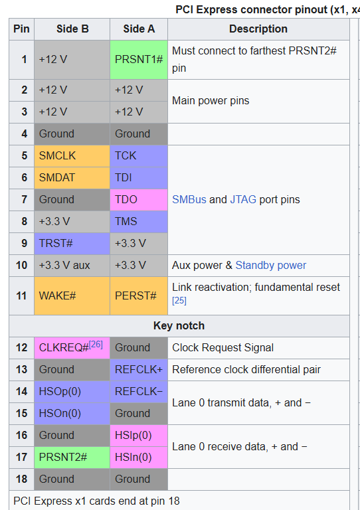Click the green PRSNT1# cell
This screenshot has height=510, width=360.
click(x=139, y=60)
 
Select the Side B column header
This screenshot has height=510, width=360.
click(x=72, y=29)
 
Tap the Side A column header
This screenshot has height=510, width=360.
click(x=139, y=29)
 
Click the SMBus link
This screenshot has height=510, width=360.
click(x=189, y=199)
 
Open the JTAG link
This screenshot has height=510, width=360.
click(x=243, y=199)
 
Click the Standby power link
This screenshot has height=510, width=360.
click(x=270, y=266)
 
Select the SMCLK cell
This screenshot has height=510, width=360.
click(x=72, y=156)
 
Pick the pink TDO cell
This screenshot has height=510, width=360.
click(x=139, y=200)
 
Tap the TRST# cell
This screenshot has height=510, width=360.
click(x=72, y=244)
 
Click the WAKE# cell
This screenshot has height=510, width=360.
click(x=72, y=296)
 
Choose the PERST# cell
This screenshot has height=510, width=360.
click(x=139, y=296)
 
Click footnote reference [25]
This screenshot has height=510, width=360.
click(x=179, y=301)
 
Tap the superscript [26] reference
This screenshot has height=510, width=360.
click(x=96, y=345)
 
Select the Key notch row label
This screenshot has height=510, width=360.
click(x=179, y=325)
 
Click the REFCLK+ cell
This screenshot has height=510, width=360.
click(x=139, y=370)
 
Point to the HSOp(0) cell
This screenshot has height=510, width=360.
click(x=72, y=392)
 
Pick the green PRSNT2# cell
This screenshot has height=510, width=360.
click(x=72, y=458)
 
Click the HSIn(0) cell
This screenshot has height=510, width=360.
click(x=139, y=458)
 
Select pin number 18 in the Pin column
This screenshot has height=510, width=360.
click(x=22, y=479)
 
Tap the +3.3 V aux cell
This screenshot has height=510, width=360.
click(x=72, y=266)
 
